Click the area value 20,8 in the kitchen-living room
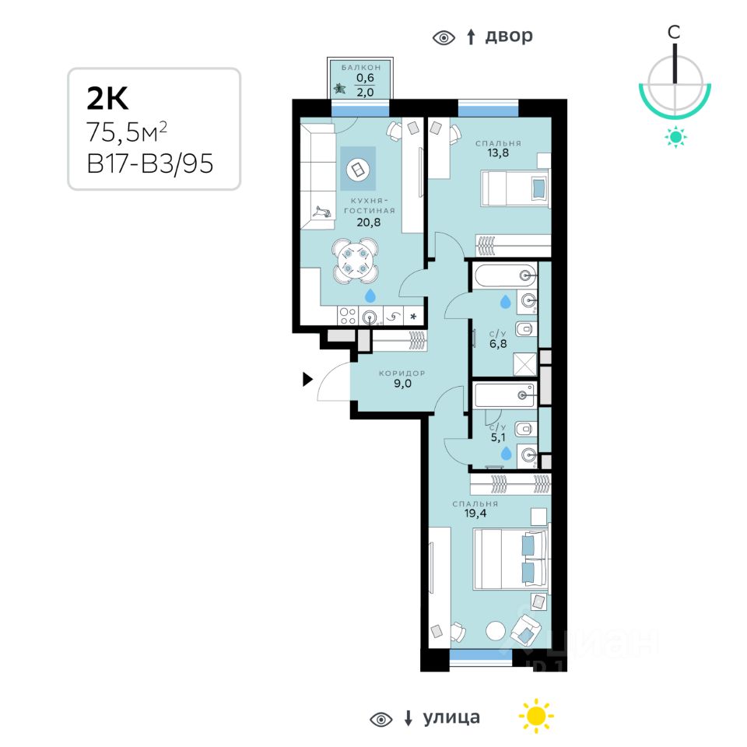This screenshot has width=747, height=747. [x=369, y=222]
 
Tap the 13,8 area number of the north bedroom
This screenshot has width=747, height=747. [x=498, y=153]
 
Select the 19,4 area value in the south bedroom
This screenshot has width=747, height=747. [x=475, y=513]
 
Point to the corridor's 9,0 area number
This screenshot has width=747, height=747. [x=402, y=384]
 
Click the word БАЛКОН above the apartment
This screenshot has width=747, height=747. [x=361, y=68]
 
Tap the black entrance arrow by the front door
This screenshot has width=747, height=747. [x=308, y=379]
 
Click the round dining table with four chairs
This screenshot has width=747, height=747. [x=356, y=261]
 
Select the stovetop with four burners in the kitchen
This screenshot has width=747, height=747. [x=348, y=316]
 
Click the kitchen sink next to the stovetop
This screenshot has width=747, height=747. [x=370, y=317]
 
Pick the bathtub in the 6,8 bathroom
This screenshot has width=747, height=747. [x=504, y=275]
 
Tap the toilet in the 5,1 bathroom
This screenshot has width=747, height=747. [x=524, y=430]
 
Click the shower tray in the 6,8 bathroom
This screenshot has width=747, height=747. [x=524, y=364]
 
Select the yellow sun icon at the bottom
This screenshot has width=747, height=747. [x=536, y=716]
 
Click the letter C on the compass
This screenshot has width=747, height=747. [x=674, y=32]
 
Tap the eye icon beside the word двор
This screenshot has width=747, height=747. [x=444, y=37]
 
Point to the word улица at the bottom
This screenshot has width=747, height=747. [x=451, y=717]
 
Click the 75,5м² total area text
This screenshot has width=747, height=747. [x=127, y=132]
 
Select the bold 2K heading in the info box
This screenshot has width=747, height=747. [x=107, y=98]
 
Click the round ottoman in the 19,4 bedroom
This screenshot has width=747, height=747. [x=496, y=631]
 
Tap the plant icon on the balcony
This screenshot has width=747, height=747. [x=339, y=88]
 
